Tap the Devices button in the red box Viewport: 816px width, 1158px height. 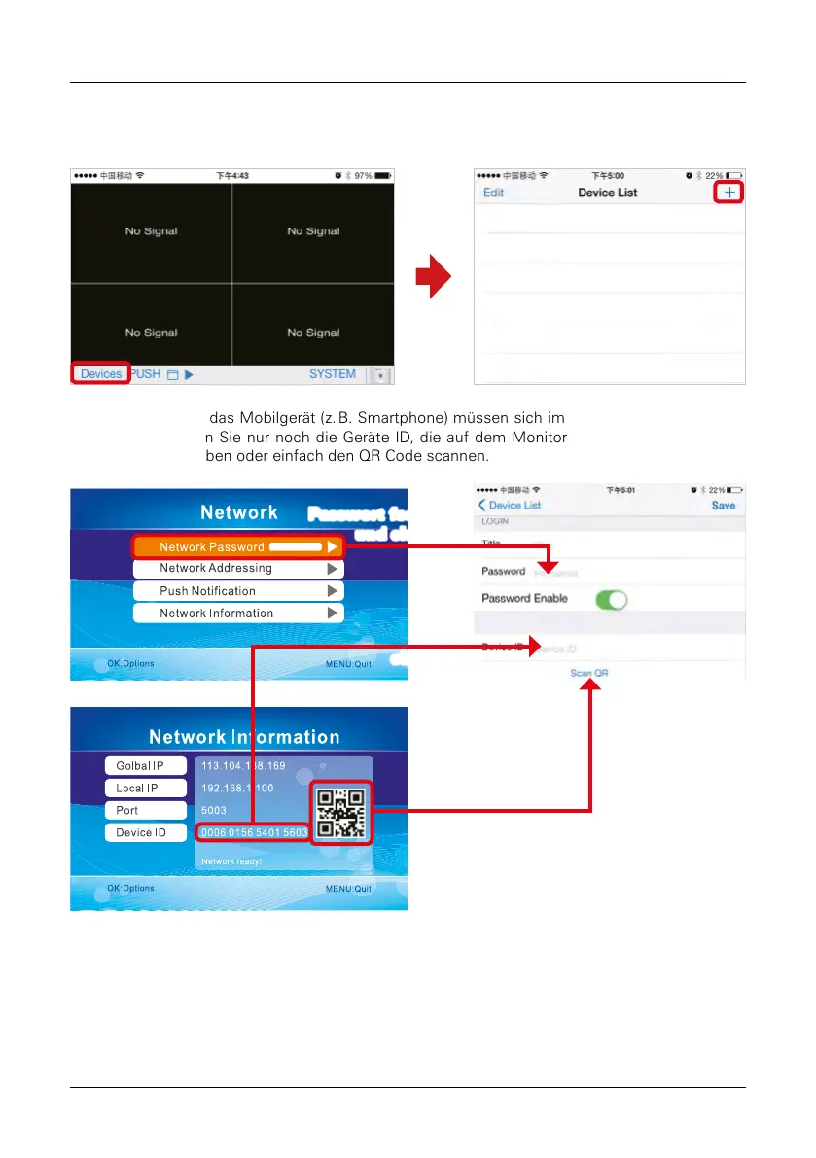pos(100,374)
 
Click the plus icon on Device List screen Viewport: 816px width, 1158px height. pos(729,193)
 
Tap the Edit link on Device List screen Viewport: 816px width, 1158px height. pos(494,193)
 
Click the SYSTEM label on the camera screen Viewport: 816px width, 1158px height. pos(333,374)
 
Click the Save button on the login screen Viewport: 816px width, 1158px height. pos(724,506)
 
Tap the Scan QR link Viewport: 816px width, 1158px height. pos(589,673)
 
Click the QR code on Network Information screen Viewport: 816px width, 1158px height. pos(341,812)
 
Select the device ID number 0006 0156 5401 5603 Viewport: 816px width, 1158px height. pos(253,833)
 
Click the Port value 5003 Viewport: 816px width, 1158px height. pos(214,810)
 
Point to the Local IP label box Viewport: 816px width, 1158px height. pos(145,789)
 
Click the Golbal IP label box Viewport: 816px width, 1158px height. pos(145,766)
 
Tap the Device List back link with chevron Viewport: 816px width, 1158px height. pos(510,506)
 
